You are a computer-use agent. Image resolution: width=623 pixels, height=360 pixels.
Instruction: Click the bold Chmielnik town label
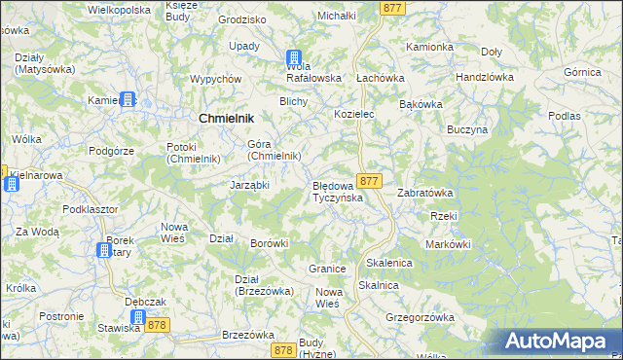[x=227, y=117]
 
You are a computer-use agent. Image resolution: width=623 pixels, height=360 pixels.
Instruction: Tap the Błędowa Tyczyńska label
[x=337, y=191]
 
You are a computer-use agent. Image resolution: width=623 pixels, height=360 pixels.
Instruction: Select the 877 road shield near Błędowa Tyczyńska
[x=368, y=182]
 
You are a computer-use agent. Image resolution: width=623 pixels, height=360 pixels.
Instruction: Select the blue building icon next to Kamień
[x=128, y=99]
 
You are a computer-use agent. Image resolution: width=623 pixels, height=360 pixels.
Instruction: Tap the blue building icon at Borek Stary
[x=103, y=251]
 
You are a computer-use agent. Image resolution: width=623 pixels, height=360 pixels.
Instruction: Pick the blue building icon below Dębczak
[x=137, y=317]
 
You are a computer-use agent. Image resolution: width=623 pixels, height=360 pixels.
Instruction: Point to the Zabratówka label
[x=425, y=193]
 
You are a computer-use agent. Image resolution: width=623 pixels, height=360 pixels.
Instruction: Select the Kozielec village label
[x=354, y=114]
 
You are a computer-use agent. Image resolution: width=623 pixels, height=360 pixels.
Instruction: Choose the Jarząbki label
[x=249, y=185]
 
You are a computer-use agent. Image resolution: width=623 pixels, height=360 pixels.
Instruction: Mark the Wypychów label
[x=215, y=79]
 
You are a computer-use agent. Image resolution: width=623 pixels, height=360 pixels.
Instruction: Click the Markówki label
[x=449, y=244]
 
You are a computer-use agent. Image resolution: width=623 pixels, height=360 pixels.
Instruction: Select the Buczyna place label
[x=466, y=128]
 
